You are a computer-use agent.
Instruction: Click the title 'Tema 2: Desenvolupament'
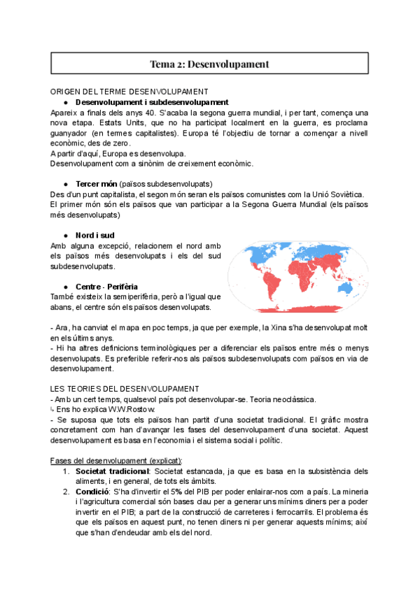click(209, 64)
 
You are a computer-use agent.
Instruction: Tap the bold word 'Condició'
click(93, 492)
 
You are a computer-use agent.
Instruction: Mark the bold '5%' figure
click(190, 492)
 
